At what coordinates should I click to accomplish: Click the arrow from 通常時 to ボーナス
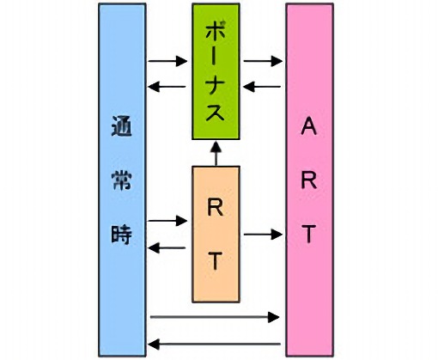[167, 61]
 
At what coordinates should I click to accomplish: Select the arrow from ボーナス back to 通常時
[167, 87]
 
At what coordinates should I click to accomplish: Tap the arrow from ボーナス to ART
[263, 61]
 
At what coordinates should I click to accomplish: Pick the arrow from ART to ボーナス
[263, 87]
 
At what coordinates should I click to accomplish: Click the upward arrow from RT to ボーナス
[216, 154]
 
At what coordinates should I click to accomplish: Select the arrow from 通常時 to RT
[167, 221]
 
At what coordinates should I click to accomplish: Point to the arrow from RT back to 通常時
[167, 248]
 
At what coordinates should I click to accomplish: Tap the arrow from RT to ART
[263, 235]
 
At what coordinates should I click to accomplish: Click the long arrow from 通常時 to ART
[215, 317]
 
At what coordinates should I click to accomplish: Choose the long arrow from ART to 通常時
[215, 344]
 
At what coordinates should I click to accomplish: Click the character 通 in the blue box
[121, 126]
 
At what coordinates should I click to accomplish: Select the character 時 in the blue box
[121, 235]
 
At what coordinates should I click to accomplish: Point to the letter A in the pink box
[309, 126]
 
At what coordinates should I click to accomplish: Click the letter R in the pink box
[309, 180]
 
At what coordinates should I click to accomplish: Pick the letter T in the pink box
[309, 234]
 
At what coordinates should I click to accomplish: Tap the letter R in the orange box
[216, 207]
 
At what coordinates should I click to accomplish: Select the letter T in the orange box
[216, 261]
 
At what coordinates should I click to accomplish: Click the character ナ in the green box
[216, 85]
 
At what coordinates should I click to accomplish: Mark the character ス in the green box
[216, 113]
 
